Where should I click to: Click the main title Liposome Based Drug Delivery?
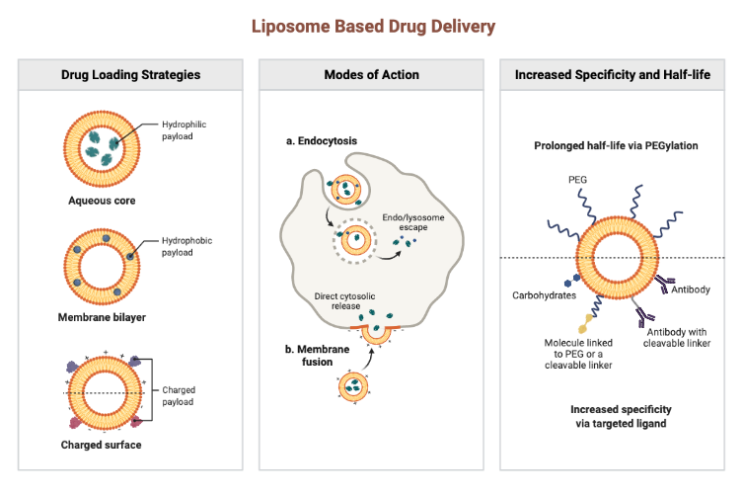(x=371, y=26)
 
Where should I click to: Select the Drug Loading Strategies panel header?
(x=130, y=75)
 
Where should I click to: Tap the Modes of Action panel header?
(x=371, y=75)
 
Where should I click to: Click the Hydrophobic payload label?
(x=185, y=247)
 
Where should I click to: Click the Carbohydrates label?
(x=545, y=295)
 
